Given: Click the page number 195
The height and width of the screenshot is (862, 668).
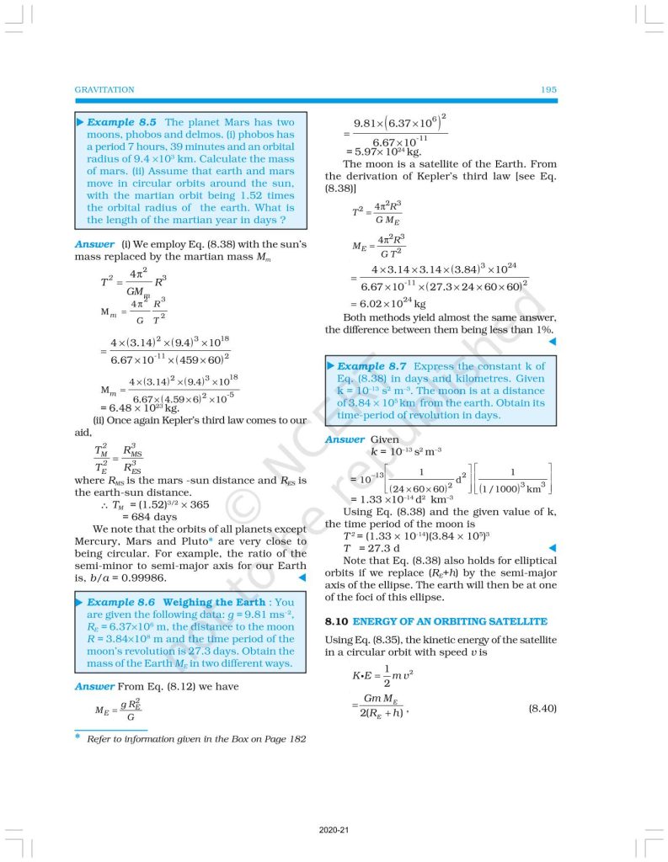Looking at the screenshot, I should tap(548, 89).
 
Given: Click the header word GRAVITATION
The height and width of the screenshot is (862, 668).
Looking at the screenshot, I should tap(104, 89).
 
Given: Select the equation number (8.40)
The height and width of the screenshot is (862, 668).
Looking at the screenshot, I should tap(542, 709).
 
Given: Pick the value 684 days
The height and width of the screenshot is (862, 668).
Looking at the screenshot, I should tap(154, 516).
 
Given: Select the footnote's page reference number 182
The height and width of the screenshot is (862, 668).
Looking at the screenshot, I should tap(296, 739).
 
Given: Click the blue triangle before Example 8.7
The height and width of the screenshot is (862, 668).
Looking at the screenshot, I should tap(331, 366).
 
